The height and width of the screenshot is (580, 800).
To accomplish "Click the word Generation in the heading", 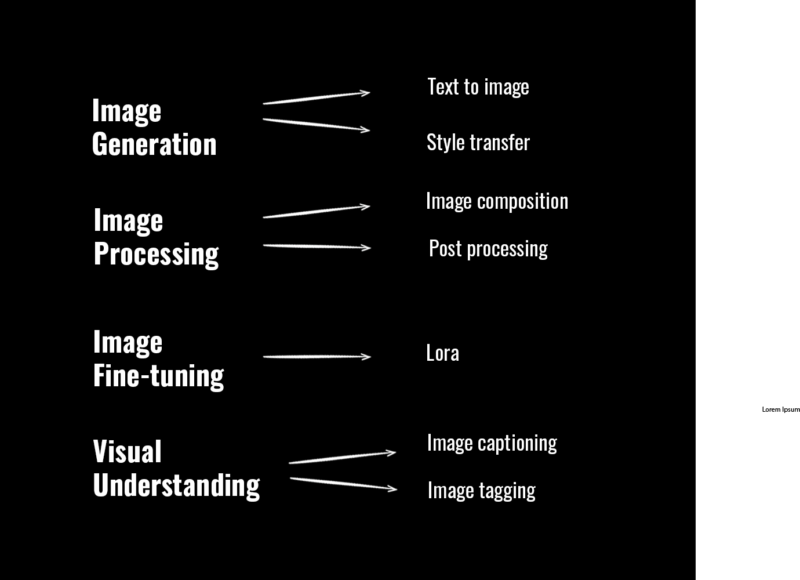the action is (154, 144).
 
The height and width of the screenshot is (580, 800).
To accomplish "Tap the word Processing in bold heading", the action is (156, 254).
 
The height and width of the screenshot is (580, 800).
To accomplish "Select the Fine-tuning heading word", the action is (158, 375).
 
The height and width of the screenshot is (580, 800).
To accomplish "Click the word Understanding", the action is (176, 485).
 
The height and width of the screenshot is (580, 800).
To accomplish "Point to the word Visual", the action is (127, 452).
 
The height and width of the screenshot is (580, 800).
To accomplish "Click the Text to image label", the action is (478, 87).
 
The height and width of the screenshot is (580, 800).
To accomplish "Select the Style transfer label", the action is (478, 143).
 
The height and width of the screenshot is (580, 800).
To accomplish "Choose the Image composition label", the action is (497, 201).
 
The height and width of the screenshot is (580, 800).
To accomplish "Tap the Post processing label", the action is (488, 249).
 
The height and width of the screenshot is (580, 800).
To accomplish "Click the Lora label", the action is (442, 353).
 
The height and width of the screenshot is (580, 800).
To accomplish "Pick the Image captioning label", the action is (492, 443).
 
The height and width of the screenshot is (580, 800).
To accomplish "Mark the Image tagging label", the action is (481, 491).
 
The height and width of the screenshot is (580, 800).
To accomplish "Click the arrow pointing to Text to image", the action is (316, 97).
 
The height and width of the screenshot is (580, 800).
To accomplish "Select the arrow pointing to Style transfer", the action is (316, 124).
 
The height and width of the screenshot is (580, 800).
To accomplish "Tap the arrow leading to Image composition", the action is (316, 211).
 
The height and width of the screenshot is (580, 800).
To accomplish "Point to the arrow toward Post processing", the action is (316, 246).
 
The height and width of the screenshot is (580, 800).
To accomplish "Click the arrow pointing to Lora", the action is (316, 356).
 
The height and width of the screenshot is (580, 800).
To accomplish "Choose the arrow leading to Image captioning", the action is (342, 457).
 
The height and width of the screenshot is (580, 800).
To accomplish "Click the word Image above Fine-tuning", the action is (128, 342).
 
